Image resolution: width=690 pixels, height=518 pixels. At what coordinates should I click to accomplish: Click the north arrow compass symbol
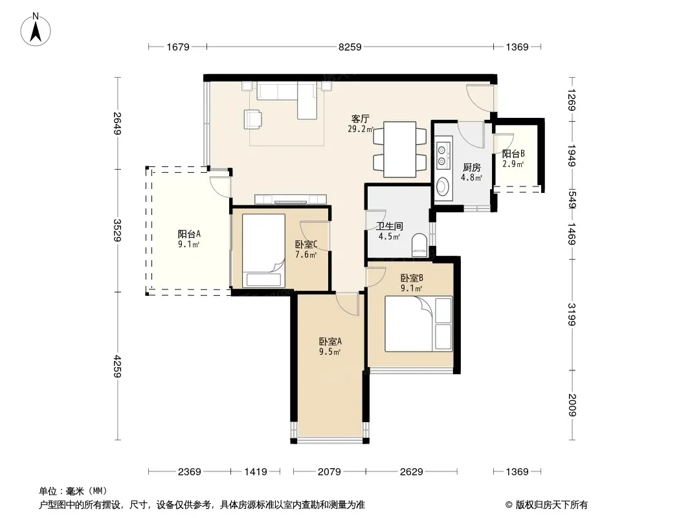[36, 29]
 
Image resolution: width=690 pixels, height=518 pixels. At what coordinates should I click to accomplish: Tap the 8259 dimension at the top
[350, 47]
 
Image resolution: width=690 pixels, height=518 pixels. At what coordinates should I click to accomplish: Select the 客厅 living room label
[360, 119]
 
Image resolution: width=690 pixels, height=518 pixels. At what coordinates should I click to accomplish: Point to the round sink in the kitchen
[443, 186]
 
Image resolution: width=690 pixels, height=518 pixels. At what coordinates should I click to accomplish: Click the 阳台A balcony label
[189, 234]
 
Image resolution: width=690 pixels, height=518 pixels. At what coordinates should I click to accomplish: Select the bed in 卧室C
[263, 251]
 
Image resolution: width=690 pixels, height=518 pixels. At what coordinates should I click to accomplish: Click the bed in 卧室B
[419, 324]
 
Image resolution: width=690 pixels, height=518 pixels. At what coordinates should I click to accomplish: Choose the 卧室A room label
[330, 341]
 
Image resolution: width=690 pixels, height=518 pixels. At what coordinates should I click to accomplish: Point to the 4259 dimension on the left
[117, 366]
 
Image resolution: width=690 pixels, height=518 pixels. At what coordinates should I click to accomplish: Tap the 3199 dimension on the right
[572, 314]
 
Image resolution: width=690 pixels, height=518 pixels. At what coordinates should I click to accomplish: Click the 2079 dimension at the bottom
[329, 472]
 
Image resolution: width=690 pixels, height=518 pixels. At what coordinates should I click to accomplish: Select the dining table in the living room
[399, 150]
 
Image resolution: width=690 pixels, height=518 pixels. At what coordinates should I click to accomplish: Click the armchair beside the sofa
[252, 119]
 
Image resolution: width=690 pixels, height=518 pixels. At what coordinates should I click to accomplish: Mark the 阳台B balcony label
[513, 153]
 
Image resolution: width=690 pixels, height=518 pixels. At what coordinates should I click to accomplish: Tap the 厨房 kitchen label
[472, 167]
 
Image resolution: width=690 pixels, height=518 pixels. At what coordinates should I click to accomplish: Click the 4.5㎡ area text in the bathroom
[390, 236]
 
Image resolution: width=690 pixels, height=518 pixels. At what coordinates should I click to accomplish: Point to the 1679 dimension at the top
[178, 47]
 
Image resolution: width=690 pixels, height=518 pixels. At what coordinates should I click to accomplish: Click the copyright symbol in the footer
[509, 505]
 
